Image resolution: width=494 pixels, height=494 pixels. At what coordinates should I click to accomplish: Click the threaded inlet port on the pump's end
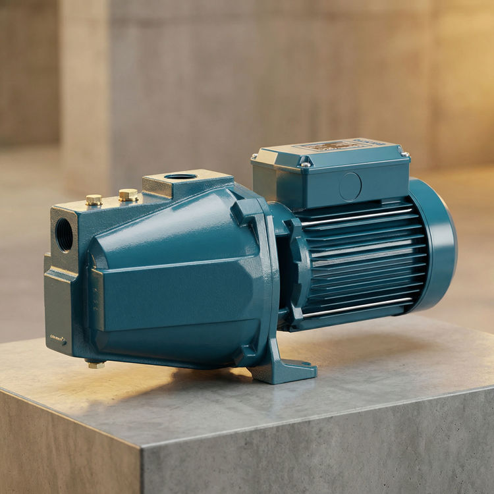(65, 234)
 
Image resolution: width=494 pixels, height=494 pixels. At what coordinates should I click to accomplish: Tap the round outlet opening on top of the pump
(180, 177)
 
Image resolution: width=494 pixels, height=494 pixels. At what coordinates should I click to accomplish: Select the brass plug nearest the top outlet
(128, 194)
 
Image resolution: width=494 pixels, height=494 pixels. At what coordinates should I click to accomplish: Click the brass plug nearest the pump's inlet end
(94, 199)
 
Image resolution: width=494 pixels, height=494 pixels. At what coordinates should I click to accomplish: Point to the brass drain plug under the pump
(96, 364)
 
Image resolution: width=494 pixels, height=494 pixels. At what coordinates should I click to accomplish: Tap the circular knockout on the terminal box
(350, 186)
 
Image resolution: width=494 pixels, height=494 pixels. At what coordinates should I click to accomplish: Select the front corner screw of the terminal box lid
(306, 164)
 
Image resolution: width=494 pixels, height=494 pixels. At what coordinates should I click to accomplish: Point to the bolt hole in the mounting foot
(305, 363)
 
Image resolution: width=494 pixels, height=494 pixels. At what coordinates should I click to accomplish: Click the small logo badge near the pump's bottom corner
(58, 340)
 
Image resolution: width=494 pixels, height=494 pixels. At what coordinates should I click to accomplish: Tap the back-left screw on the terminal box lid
(256, 157)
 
